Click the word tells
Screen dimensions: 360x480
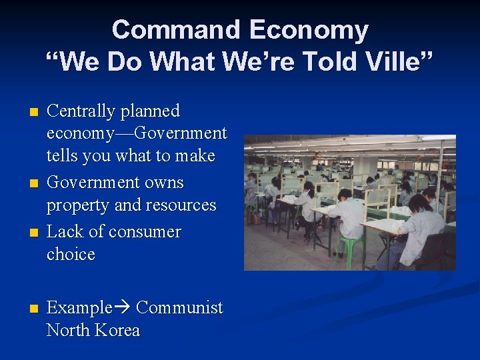click(x=62, y=156)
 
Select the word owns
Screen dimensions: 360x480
click(x=163, y=182)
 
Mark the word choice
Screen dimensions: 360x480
click(x=71, y=255)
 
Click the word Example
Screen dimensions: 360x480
click(x=79, y=308)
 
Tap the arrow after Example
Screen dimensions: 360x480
click(x=123, y=308)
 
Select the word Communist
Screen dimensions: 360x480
click(x=179, y=308)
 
